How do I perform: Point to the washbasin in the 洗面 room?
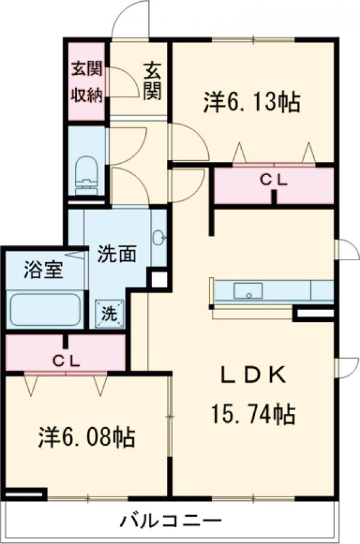tap(159, 238)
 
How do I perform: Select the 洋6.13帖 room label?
tap(251, 103)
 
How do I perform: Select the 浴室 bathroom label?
tap(43, 270)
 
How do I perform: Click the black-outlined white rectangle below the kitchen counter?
tap(314, 313)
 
